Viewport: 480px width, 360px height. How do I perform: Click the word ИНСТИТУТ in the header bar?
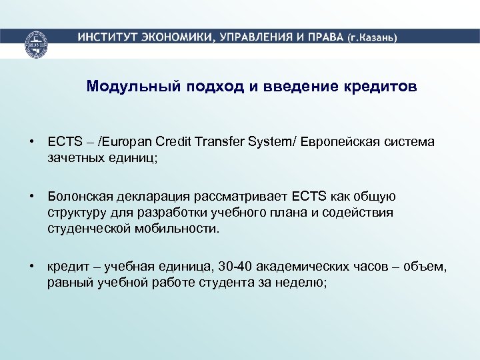pos(107,38)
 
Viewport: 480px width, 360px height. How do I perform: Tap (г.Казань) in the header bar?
pos(371,38)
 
